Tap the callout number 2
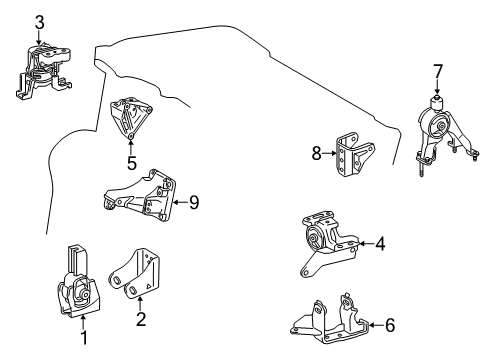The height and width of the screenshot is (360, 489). pyautogui.click(x=140, y=321)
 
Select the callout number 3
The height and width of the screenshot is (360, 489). pyautogui.click(x=39, y=22)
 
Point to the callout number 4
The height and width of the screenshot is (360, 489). pyautogui.click(x=381, y=243)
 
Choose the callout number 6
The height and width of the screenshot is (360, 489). pyautogui.click(x=390, y=325)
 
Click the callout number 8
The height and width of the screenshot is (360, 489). pyautogui.click(x=316, y=153)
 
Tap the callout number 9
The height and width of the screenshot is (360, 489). pyautogui.click(x=194, y=202)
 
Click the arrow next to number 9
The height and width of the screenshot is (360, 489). pyautogui.click(x=178, y=202)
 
